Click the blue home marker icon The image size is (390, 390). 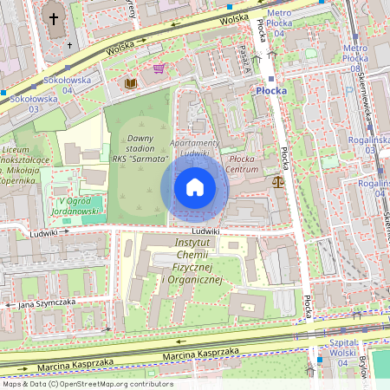click(195, 186)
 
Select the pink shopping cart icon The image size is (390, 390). click(159, 68)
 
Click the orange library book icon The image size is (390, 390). click(131, 83)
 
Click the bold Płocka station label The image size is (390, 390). click(276, 89)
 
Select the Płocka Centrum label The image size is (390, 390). click(243, 164)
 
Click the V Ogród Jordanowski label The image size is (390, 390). click(73, 205)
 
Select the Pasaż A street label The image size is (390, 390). click(245, 59)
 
